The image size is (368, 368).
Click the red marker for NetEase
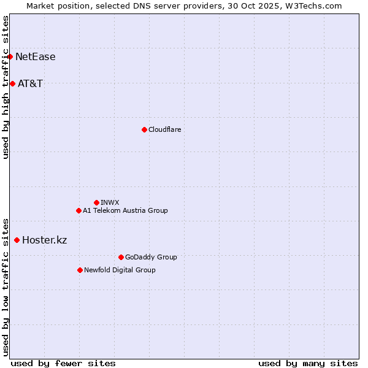[10, 57]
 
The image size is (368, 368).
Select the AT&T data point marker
[12, 83]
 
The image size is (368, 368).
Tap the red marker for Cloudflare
[144, 129]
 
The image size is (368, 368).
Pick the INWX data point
[96, 202]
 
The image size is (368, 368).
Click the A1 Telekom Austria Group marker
[79, 210]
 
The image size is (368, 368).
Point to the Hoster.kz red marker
[17, 240]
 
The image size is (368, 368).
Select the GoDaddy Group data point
[121, 257]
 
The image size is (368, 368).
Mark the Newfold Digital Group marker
[80, 270]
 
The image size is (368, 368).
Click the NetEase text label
[35, 57]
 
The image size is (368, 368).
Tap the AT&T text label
[30, 83]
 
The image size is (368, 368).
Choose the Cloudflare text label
[164, 129]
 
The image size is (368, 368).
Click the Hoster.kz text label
[44, 240]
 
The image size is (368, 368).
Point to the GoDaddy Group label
[151, 257]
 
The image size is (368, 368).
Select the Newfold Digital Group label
[120, 270]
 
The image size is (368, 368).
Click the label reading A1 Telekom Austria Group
[125, 210]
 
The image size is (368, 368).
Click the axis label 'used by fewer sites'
[63, 363]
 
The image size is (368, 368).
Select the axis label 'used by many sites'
[308, 363]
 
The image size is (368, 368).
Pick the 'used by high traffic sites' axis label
[6, 88]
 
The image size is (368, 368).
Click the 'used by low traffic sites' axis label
[6, 286]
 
